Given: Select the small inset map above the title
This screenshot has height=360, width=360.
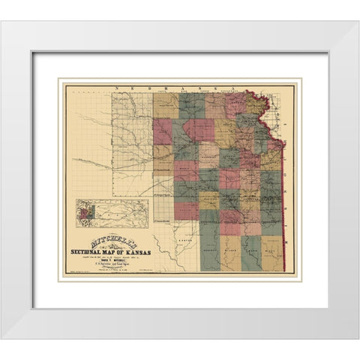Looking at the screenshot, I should (x=113, y=211).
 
